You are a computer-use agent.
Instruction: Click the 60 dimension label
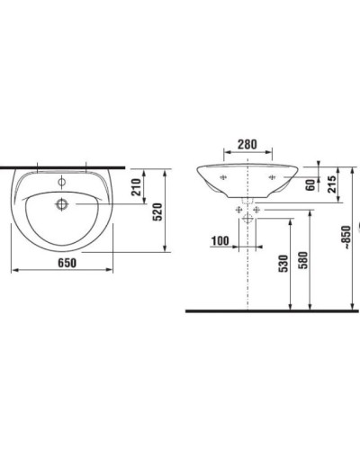[310, 185]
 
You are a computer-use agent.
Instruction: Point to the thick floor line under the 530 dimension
[270, 310]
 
